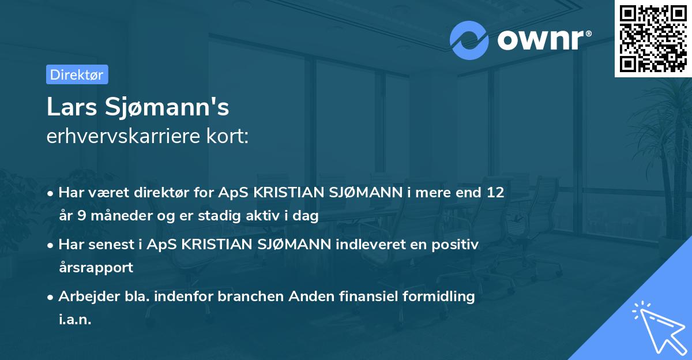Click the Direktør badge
[x=77, y=74]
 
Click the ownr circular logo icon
[x=469, y=40]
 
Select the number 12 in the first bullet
[x=495, y=193]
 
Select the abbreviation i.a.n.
[x=75, y=320]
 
